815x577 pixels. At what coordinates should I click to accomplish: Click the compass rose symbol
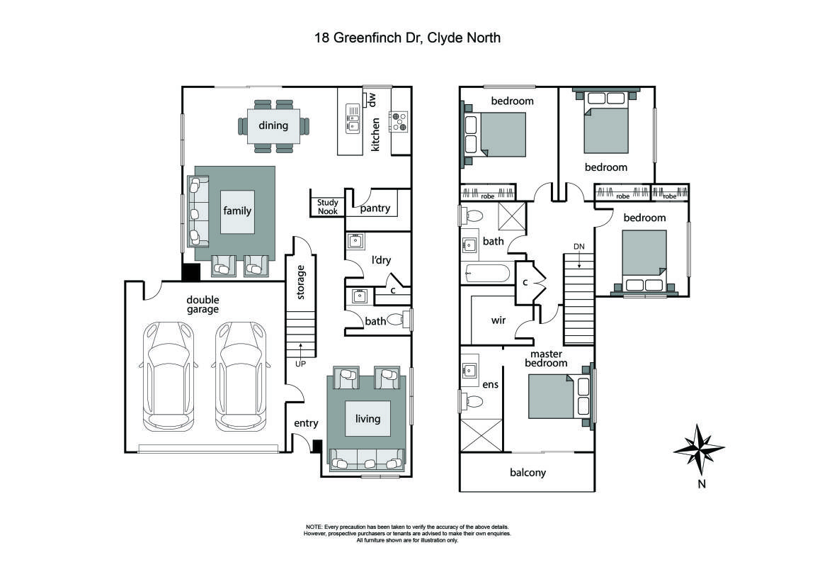700,449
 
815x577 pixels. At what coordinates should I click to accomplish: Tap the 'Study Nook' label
327,206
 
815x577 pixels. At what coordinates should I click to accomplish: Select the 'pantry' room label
375,208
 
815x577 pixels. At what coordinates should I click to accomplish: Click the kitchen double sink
353,118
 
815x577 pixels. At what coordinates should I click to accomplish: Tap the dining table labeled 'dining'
273,126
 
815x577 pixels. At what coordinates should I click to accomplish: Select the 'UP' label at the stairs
301,364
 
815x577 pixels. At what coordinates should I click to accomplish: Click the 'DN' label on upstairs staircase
579,247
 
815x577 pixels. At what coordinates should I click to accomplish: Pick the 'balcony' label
528,472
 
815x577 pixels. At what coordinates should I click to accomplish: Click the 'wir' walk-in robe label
498,320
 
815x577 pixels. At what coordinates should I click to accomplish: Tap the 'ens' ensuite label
490,385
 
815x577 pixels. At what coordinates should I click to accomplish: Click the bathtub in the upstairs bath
488,273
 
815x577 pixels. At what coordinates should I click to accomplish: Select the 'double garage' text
203,304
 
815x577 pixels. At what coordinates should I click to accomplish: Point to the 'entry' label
306,423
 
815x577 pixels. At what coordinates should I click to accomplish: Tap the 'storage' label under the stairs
301,281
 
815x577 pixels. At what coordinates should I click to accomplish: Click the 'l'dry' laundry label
382,260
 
